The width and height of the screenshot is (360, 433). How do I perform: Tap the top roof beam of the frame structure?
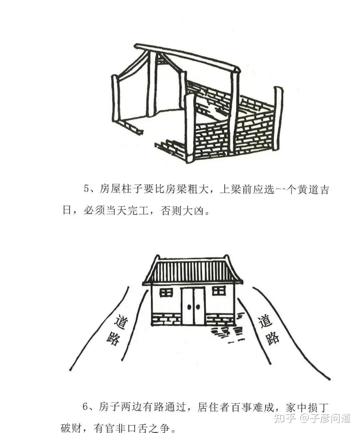pyautogui.click(x=187, y=57)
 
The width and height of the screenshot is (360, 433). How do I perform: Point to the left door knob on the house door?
pyautogui.click(x=189, y=307)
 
